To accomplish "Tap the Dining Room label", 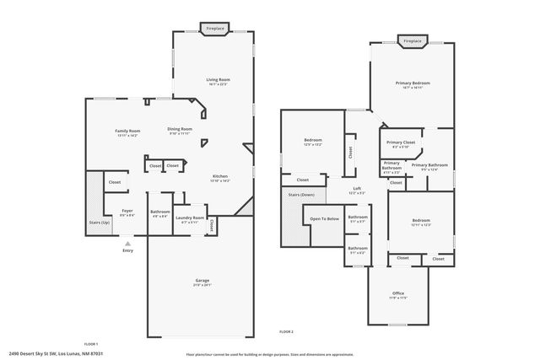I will [x=180, y=129].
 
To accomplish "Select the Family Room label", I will [x=127, y=131].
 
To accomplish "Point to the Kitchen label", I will [x=220, y=177].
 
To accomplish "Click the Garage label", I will [x=202, y=281].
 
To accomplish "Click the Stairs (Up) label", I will [x=100, y=222].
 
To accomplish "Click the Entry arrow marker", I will [x=128, y=244].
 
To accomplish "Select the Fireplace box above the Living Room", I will [x=215, y=29].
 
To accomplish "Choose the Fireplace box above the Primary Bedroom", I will [x=412, y=40].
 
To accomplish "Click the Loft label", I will [x=357, y=189].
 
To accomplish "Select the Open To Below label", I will [x=324, y=218].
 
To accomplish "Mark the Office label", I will [x=398, y=295].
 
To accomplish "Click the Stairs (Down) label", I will [x=301, y=193].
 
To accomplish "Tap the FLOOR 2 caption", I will [x=287, y=332].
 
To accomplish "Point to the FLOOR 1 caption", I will [x=90, y=343].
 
